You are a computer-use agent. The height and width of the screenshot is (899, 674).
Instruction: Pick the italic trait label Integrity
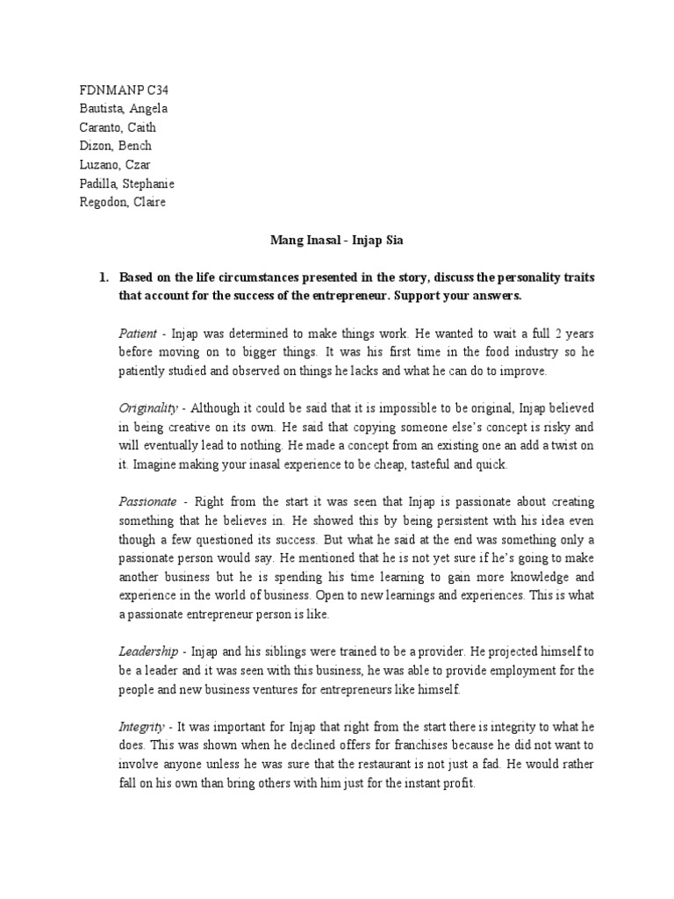click(142, 726)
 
